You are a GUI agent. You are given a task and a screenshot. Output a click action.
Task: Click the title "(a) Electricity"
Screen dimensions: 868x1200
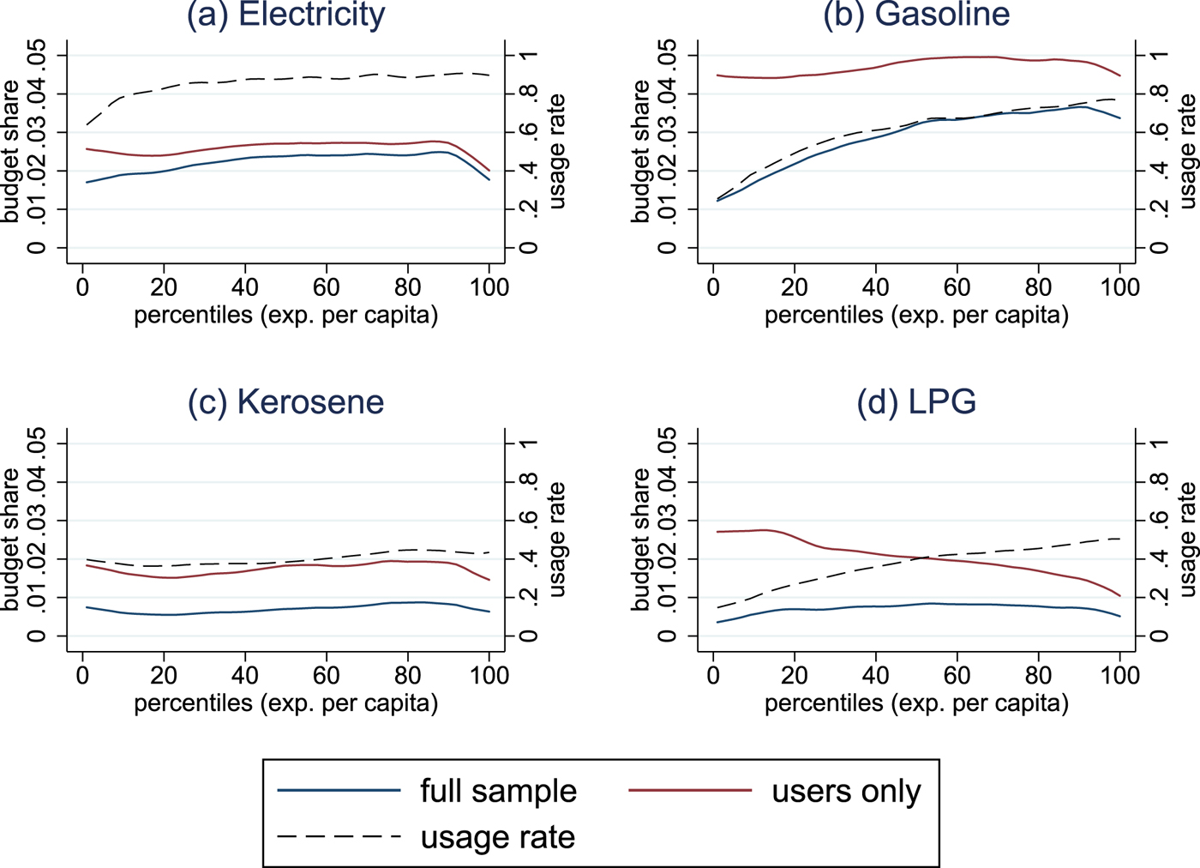click(x=286, y=15)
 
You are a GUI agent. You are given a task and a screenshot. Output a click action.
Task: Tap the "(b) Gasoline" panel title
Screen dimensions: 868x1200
click(x=916, y=15)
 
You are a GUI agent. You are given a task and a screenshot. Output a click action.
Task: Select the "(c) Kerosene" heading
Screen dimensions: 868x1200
click(x=286, y=402)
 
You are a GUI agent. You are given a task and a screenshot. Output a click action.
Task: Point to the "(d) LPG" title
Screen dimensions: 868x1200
click(x=916, y=402)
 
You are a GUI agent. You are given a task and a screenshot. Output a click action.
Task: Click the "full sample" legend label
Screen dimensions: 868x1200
click(x=498, y=791)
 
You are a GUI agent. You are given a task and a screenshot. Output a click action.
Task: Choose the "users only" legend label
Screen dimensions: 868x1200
click(x=846, y=791)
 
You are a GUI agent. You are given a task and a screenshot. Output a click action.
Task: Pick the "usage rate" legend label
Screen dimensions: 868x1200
click(x=497, y=837)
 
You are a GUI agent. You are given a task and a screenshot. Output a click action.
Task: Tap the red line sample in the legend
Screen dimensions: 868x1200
click(x=690, y=790)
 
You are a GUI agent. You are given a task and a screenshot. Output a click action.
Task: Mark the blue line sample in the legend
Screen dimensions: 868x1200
click(x=339, y=790)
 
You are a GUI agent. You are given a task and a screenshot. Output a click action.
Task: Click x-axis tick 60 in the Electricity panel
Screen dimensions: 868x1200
click(x=327, y=286)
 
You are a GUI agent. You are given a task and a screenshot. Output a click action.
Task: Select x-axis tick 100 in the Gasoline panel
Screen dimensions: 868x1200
click(x=1119, y=286)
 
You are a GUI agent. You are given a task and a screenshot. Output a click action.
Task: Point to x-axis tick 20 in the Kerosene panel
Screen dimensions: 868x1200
click(x=164, y=675)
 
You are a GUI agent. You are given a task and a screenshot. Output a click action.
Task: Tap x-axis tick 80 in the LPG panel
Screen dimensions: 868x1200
click(x=1039, y=675)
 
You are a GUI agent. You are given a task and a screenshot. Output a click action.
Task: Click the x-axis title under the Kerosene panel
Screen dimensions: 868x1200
click(x=286, y=704)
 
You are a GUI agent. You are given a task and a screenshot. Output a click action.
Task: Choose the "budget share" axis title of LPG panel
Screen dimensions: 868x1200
click(x=641, y=539)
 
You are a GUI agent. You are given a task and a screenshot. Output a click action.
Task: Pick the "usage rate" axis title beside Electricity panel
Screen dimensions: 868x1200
click(x=557, y=152)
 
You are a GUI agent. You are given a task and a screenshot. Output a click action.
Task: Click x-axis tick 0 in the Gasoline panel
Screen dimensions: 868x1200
click(x=713, y=286)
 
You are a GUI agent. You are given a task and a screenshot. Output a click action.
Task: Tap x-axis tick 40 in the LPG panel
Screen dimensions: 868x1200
click(x=876, y=675)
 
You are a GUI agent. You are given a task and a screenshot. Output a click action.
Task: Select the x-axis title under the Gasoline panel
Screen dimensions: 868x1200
click(x=916, y=316)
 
